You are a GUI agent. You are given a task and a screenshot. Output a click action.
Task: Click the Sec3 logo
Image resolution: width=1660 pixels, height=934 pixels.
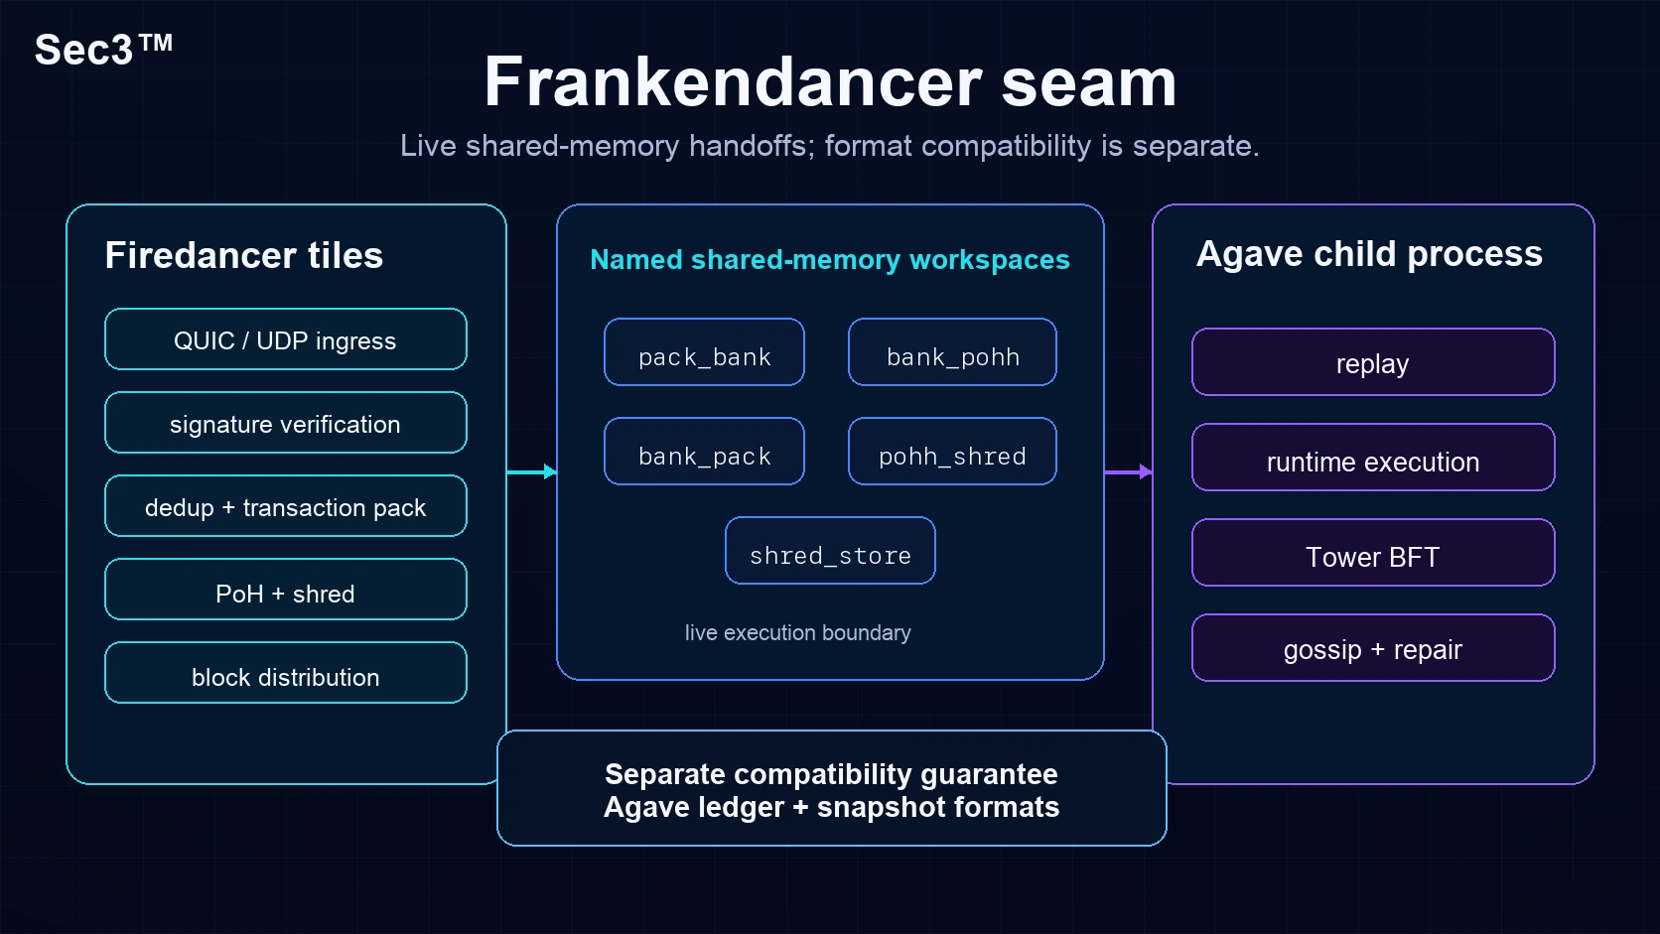click(x=103, y=50)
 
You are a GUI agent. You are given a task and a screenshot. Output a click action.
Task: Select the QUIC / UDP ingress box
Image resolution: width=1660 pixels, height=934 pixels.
click(x=286, y=339)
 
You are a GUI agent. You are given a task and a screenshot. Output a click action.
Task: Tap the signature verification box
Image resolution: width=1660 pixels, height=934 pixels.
click(x=286, y=423)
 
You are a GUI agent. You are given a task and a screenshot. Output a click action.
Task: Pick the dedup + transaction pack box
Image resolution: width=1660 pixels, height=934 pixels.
click(x=286, y=506)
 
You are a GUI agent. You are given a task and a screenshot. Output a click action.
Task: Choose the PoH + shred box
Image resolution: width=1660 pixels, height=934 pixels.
click(x=286, y=590)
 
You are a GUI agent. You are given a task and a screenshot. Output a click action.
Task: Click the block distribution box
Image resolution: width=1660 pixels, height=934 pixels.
click(x=286, y=673)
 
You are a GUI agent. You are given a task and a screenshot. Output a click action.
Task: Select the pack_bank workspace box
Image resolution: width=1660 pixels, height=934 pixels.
click(x=704, y=351)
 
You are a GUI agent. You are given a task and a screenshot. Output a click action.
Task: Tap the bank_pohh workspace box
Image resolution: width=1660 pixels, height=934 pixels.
click(x=952, y=351)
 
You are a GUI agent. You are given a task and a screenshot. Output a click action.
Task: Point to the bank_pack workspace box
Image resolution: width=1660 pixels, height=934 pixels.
click(x=704, y=451)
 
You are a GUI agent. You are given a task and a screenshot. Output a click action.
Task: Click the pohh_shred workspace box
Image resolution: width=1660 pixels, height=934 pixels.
click(x=952, y=451)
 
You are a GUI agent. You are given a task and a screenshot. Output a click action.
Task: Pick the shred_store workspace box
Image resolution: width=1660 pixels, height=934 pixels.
click(x=830, y=550)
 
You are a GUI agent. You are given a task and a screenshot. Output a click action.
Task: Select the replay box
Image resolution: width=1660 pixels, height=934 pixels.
click(x=1373, y=362)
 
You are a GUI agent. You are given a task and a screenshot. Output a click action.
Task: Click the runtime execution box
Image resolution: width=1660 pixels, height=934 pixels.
click(x=1373, y=457)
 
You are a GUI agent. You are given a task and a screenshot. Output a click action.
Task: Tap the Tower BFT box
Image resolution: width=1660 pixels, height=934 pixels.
click(x=1373, y=553)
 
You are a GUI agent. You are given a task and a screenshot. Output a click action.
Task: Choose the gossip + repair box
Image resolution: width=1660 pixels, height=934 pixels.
click(x=1373, y=648)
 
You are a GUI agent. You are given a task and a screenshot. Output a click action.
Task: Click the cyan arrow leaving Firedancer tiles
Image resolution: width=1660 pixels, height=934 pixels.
click(x=532, y=471)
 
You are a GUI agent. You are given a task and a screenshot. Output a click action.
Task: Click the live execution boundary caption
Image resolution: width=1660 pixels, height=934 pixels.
click(x=798, y=632)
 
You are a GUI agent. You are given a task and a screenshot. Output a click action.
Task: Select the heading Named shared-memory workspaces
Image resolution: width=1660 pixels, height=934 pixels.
click(x=830, y=259)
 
